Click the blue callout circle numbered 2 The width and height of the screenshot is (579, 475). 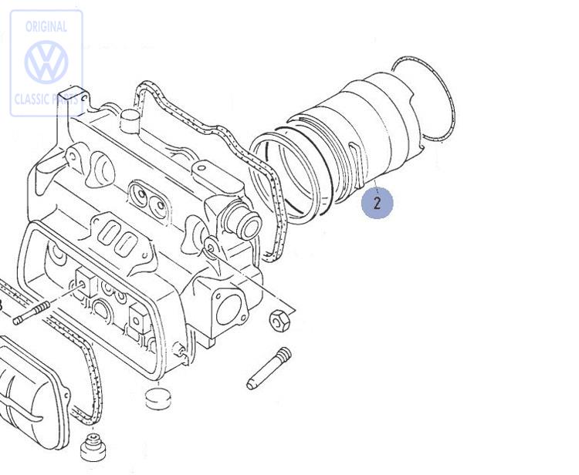pyautogui.click(x=377, y=204)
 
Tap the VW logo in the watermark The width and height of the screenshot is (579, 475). pyautogui.click(x=46, y=62)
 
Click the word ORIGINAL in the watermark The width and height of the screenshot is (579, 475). pyautogui.click(x=46, y=26)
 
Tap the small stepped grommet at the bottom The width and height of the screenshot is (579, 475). pyautogui.click(x=93, y=450)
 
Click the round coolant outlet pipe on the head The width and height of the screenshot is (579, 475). pyautogui.click(x=245, y=224)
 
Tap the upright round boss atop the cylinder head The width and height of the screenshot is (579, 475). pyautogui.click(x=129, y=118)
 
